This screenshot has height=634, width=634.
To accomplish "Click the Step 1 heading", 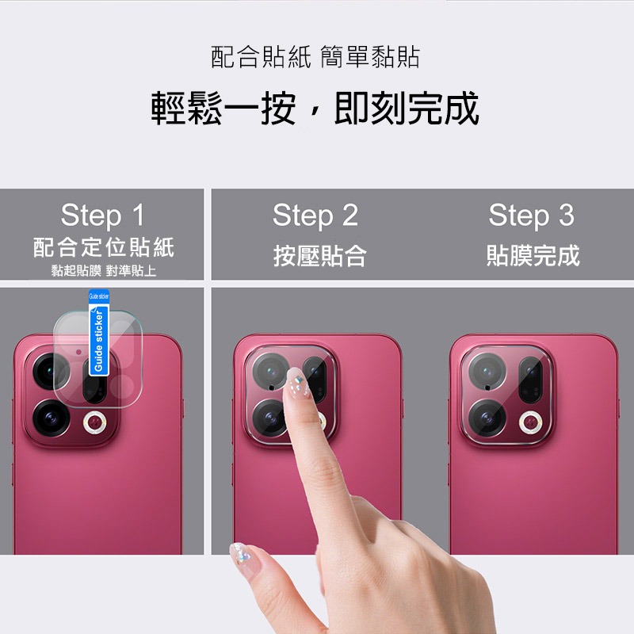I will [x=103, y=216].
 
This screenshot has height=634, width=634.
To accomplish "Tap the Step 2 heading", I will [x=315, y=216].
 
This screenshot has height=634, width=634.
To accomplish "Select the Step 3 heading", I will [x=531, y=216].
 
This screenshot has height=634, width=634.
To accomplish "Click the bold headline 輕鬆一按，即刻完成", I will [x=315, y=109].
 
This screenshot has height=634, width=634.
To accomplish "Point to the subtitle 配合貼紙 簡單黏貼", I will [x=315, y=57].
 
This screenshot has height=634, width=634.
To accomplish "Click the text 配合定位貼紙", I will [x=103, y=247].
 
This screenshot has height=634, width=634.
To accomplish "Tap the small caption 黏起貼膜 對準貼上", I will [x=103, y=271].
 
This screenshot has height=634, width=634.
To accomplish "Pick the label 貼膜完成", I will [x=533, y=255].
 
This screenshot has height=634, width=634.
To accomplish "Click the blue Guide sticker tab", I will [x=99, y=337].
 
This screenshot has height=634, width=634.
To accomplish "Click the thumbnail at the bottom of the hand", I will [x=240, y=555].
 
